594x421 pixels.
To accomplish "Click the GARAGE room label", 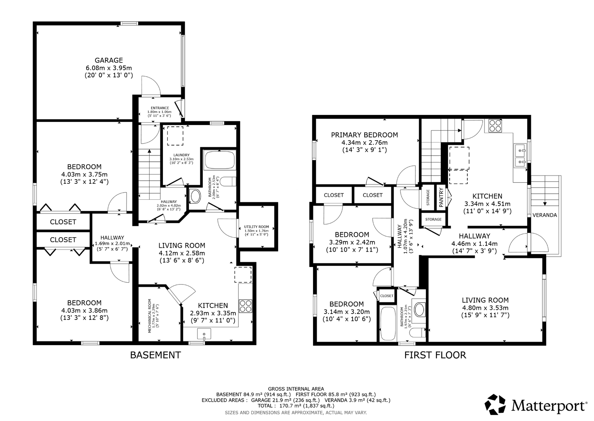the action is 109,60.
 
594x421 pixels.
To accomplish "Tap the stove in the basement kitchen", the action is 245,306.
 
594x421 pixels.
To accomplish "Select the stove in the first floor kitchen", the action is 495,126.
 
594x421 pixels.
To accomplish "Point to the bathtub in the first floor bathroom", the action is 388,324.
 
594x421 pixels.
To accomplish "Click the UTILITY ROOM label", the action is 257,227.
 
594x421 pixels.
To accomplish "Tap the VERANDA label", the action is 545,215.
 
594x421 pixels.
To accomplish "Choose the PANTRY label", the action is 441,197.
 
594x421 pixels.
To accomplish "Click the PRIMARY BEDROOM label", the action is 364,135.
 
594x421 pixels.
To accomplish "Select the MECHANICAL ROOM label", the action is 150,316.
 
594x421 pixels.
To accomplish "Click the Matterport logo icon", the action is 495,404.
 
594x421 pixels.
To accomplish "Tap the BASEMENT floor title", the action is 156,355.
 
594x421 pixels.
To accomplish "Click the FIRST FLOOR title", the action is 435,355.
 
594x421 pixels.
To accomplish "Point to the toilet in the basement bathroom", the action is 228,182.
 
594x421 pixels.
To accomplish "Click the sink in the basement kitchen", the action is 204,334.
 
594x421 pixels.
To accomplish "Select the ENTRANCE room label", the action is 160,108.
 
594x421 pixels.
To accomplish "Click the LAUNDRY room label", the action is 182,155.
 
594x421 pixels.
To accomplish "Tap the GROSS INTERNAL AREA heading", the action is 296,389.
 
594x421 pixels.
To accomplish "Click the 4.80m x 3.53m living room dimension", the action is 485,308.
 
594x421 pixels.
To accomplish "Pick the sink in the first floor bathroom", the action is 419,309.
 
